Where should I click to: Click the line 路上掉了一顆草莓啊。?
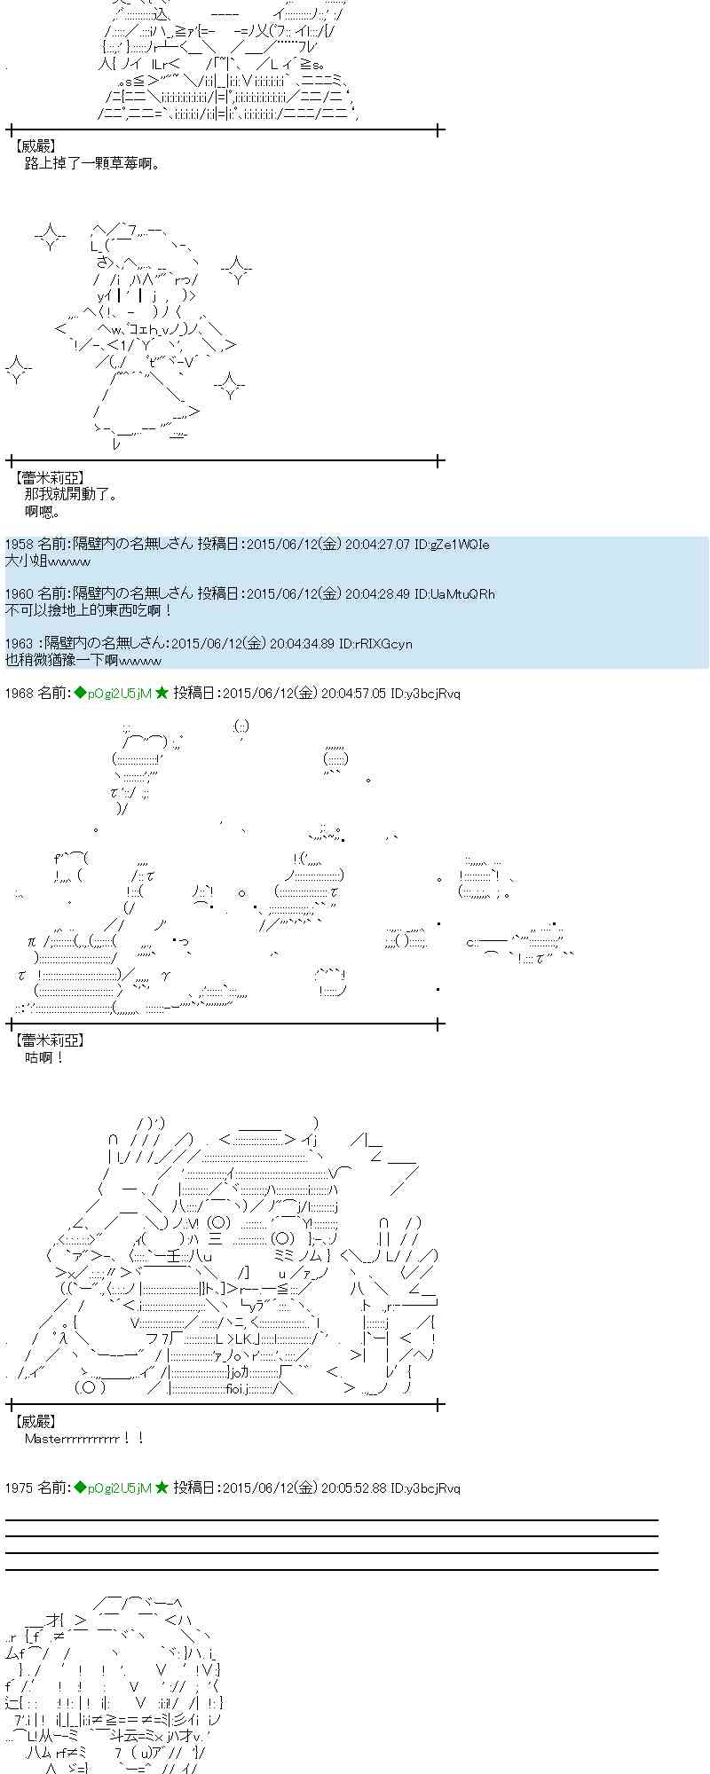92,163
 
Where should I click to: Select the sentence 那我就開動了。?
71,494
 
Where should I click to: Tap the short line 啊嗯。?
43,511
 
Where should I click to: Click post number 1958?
19,545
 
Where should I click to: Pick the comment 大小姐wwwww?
48,561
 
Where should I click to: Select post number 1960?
19,594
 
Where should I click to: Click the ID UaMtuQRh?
464,594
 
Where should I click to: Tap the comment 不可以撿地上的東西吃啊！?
89,610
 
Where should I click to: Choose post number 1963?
19,644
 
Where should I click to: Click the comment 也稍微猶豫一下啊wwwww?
83,660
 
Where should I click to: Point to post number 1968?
19,694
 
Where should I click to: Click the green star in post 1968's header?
162,694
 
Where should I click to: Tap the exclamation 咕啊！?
44,1057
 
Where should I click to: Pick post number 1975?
19,1487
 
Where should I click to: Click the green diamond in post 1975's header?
80,1487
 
